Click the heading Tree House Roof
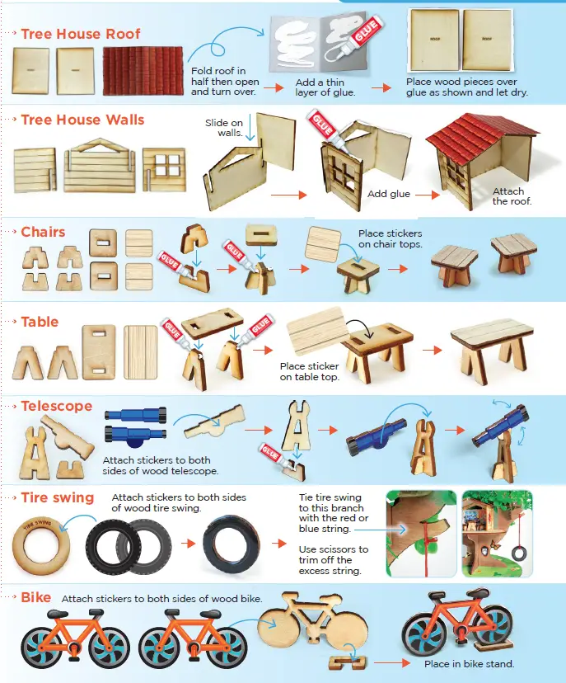81,34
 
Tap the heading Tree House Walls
82,120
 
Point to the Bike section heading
36,596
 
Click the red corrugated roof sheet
139,71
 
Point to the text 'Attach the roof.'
511,196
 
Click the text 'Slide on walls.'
223,128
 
